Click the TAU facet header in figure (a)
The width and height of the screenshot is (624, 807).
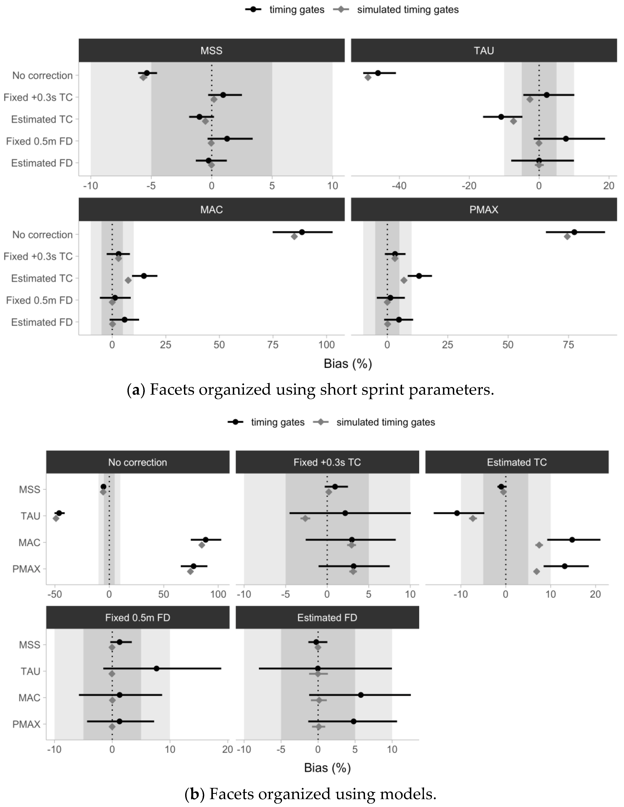pyautogui.click(x=484, y=51)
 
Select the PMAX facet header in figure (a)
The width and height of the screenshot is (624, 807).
pyautogui.click(x=484, y=210)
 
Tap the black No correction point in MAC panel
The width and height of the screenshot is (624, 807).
pyautogui.click(x=302, y=232)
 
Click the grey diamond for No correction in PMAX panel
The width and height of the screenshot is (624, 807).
pyautogui.click(x=567, y=237)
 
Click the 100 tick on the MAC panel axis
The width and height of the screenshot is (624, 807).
pyautogui.click(x=326, y=345)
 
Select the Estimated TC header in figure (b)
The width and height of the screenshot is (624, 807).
pyautogui.click(x=517, y=462)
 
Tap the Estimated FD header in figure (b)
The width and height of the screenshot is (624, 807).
pyautogui.click(x=327, y=618)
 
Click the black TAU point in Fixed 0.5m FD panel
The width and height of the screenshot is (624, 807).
pyautogui.click(x=157, y=668)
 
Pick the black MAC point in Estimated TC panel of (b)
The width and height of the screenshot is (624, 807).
pyautogui.click(x=572, y=540)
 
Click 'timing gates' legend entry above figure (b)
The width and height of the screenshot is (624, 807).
pyautogui.click(x=277, y=422)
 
